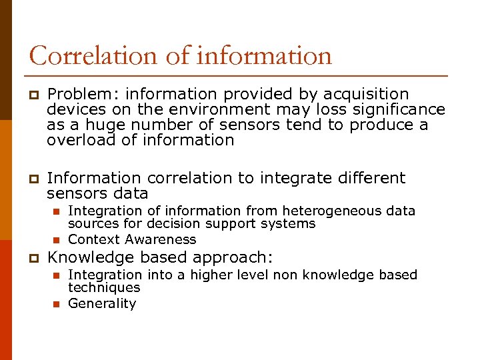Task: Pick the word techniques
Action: point(104,288)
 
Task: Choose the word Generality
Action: point(102,303)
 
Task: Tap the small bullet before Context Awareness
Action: point(56,240)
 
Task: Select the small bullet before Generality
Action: point(56,304)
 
